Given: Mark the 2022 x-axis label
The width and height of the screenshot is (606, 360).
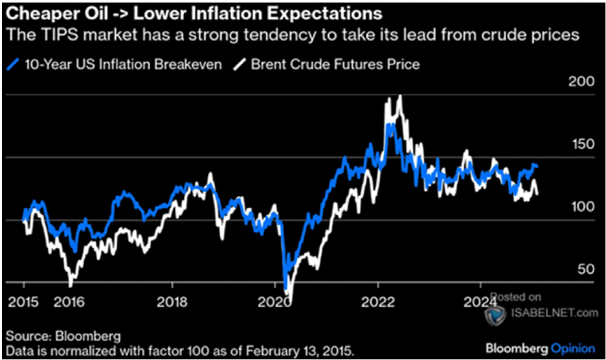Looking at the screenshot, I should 378,302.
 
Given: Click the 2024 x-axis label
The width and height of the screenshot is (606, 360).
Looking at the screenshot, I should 480,302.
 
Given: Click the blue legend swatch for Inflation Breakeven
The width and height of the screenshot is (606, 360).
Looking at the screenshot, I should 12,64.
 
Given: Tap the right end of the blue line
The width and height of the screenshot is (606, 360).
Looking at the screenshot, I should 538,168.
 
